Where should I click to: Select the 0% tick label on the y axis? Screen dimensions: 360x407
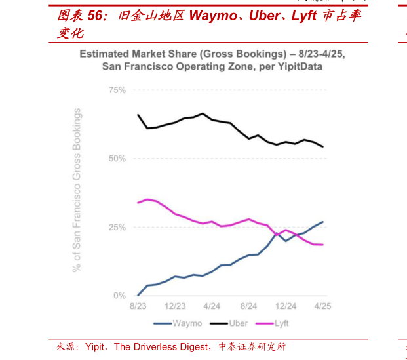119,296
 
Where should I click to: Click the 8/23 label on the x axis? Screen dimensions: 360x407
138,306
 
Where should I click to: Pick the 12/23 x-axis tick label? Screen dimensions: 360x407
174,306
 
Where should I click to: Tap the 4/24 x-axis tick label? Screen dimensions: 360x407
211,306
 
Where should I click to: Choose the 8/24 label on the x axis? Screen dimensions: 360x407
248,306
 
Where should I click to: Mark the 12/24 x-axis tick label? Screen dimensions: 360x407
285,306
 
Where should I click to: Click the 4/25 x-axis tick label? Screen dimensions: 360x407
322,306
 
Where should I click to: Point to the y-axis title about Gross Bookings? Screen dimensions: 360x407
77,190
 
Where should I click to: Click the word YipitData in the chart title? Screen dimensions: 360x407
302,66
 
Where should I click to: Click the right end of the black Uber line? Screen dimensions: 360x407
322,146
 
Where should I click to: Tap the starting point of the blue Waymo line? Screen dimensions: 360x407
138,295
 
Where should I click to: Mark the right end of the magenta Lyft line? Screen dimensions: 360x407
322,245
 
